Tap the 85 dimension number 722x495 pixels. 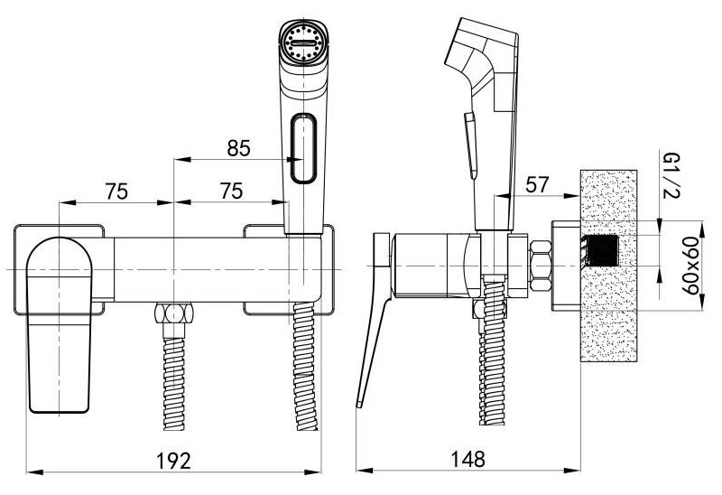coord(238,148)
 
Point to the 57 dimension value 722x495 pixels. coord(537,185)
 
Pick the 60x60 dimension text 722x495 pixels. coord(690,266)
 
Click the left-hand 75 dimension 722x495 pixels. coord(116,191)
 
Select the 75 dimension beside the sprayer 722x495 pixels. coord(231,191)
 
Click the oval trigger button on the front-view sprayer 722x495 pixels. coord(303,148)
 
